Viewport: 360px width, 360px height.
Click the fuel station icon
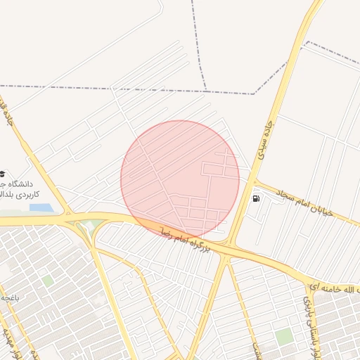point(255,198)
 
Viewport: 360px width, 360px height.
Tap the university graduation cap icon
point(2,173)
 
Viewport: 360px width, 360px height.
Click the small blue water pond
point(40,208)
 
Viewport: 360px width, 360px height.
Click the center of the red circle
point(180,180)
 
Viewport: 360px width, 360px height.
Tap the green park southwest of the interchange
point(47,281)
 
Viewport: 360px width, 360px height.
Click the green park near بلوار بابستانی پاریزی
point(283,337)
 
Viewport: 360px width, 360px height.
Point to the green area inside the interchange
point(87,226)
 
